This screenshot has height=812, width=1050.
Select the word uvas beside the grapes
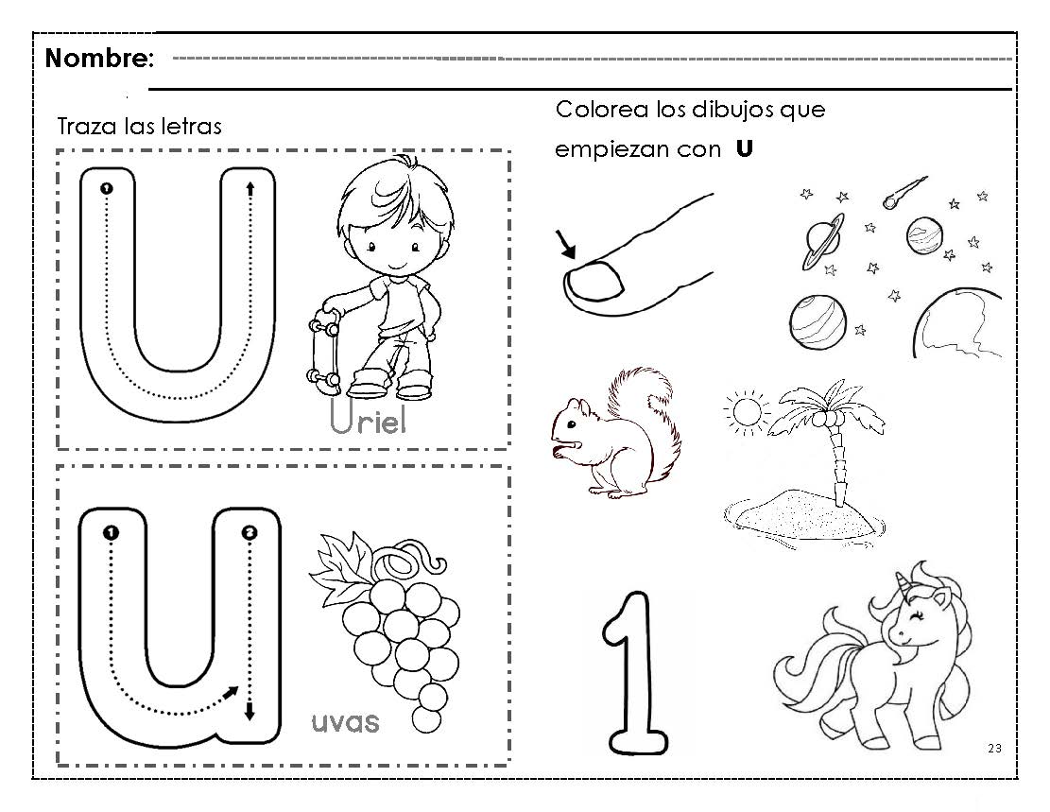click(x=346, y=722)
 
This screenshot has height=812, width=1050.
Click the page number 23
click(x=994, y=749)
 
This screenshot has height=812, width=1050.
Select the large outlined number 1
click(x=635, y=673)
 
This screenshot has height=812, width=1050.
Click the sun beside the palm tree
click(x=746, y=411)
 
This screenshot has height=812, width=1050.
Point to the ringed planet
click(x=823, y=240)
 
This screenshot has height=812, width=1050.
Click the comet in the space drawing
click(x=904, y=192)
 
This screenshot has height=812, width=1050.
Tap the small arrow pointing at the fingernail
click(x=565, y=244)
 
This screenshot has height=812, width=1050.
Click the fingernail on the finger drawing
click(x=595, y=280)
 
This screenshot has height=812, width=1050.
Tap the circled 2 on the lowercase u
click(x=250, y=532)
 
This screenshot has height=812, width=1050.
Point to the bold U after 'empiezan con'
click(x=744, y=148)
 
